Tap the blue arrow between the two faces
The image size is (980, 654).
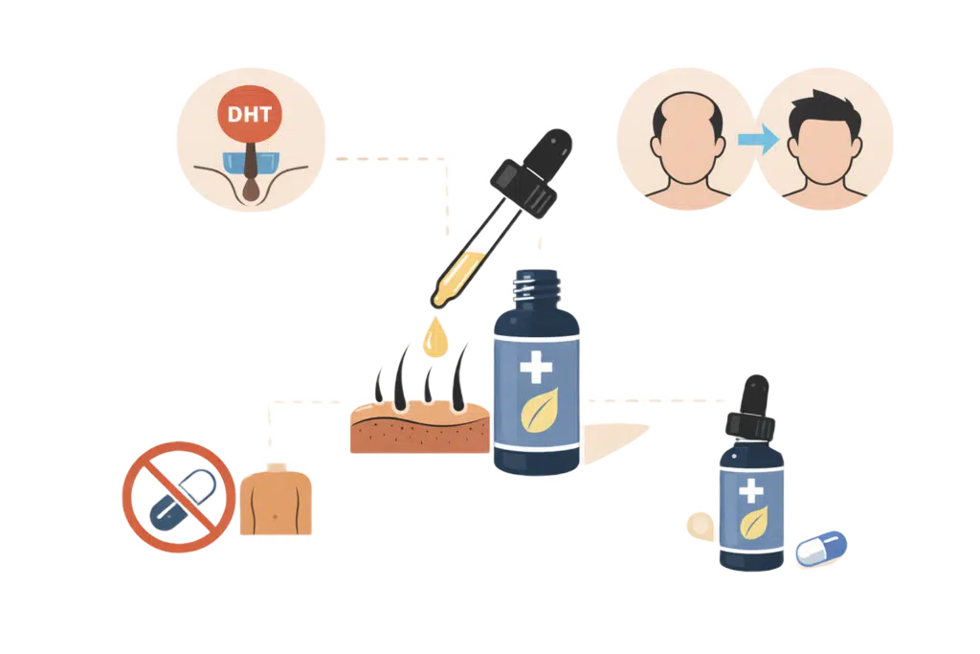pos(757,140)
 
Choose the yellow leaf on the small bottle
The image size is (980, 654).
pos(752,523)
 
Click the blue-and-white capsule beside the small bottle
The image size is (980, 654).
pos(821,548)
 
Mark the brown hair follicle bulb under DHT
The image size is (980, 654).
pos(251,190)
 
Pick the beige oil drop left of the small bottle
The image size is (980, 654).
pos(699,525)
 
